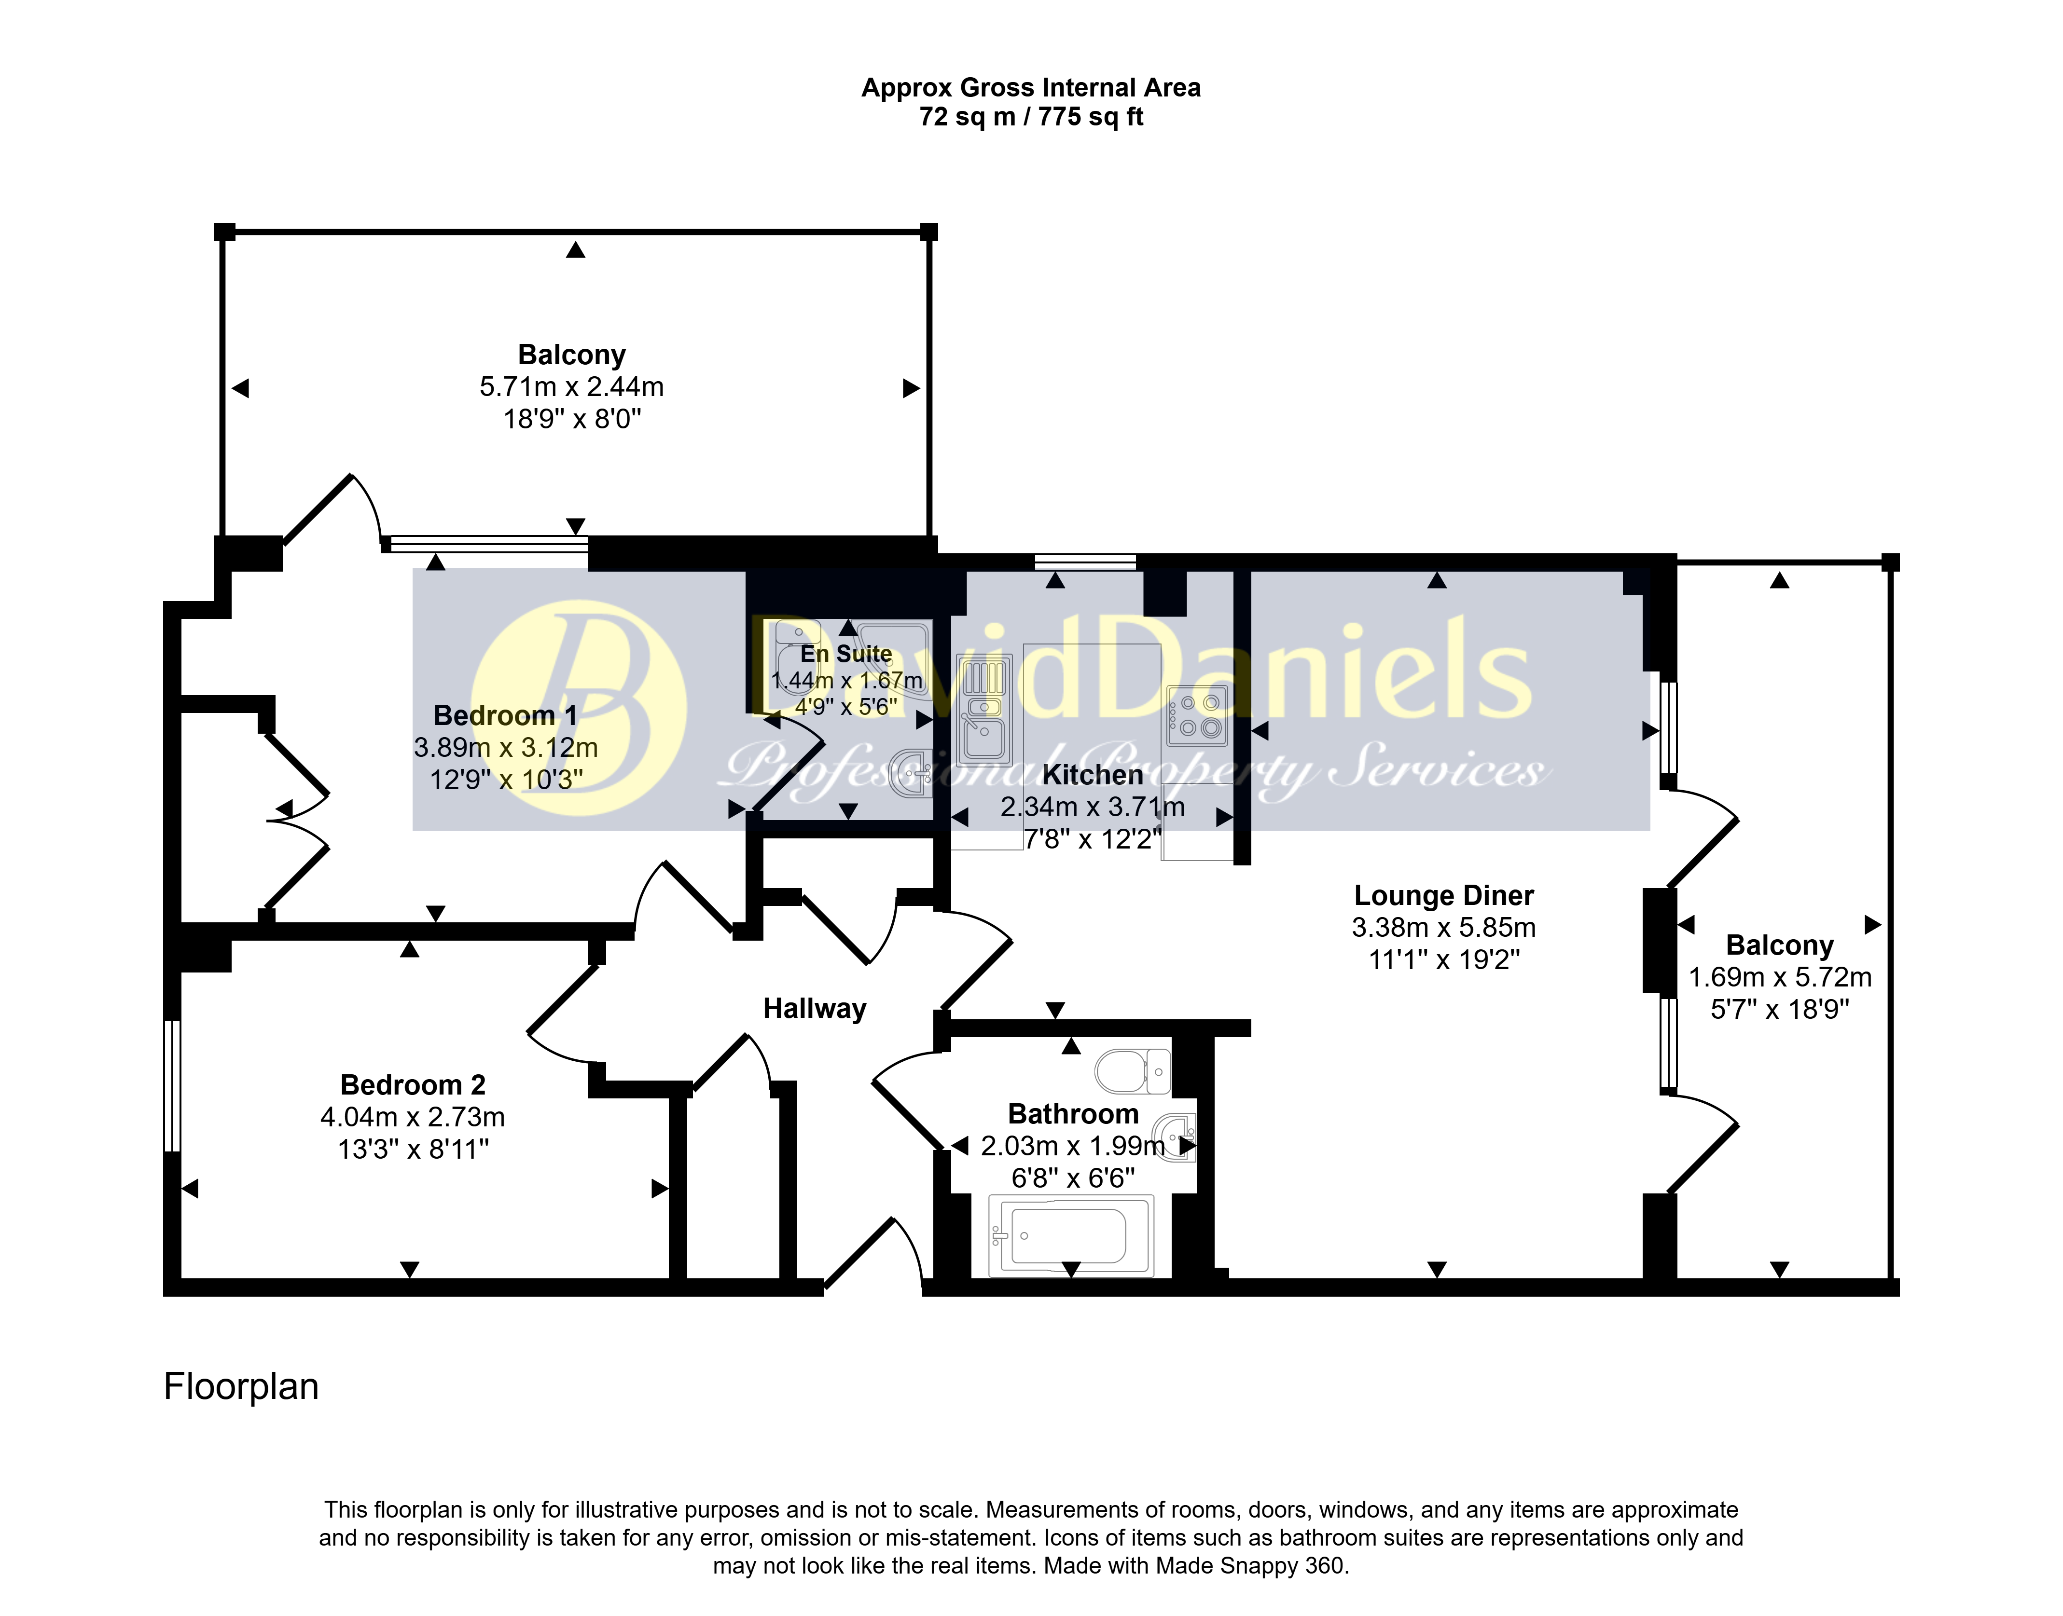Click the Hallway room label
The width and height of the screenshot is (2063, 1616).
(x=815, y=1010)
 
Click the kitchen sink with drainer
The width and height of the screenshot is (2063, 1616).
(x=984, y=710)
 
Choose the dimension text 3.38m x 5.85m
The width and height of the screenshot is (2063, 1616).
(x=1443, y=927)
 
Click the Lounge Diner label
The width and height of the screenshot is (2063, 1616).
(x=1443, y=895)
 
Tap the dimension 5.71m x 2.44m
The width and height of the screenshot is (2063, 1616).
(x=571, y=387)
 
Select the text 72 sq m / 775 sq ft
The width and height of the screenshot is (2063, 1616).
(x=1031, y=117)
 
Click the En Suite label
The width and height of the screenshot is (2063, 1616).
(x=846, y=654)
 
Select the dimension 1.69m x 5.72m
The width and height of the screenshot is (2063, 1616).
(x=1780, y=977)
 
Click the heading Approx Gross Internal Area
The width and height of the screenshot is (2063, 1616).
(x=1031, y=88)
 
